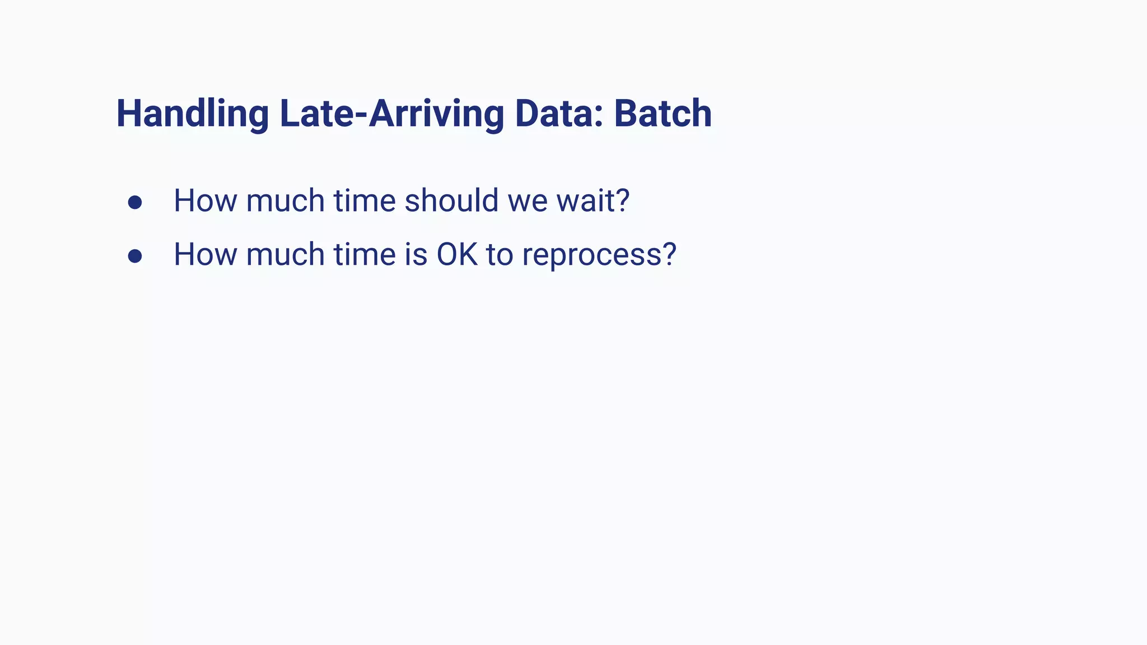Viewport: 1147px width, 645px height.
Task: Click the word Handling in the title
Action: pyautogui.click(x=192, y=114)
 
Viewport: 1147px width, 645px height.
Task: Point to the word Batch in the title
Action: pyautogui.click(x=663, y=114)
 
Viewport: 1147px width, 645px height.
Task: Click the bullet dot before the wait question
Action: pyautogui.click(x=134, y=202)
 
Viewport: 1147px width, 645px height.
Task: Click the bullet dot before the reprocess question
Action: pyautogui.click(x=134, y=256)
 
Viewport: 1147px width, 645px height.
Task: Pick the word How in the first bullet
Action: pyautogui.click(x=205, y=200)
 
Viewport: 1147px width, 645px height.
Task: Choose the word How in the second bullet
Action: pyautogui.click(x=205, y=254)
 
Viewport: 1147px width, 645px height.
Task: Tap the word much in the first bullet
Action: pyautogui.click(x=285, y=200)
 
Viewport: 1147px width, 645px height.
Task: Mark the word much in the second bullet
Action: pyautogui.click(x=285, y=254)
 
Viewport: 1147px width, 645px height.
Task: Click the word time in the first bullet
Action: pyautogui.click(x=365, y=200)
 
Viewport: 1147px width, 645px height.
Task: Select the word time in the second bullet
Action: pyautogui.click(x=365, y=254)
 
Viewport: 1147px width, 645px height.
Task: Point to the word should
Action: pyautogui.click(x=451, y=200)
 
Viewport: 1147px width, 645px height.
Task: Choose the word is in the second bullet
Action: pyautogui.click(x=416, y=254)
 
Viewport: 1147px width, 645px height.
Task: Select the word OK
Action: pyautogui.click(x=457, y=254)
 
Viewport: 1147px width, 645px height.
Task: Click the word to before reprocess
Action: pyautogui.click(x=500, y=255)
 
